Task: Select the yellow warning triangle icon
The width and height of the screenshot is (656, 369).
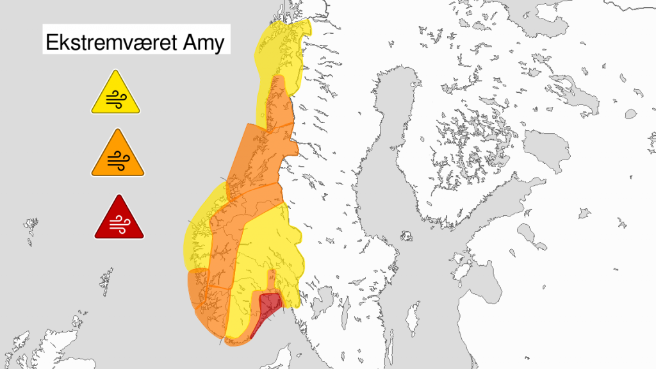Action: pos(115,94)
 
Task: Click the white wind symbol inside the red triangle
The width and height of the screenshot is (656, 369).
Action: pos(119,223)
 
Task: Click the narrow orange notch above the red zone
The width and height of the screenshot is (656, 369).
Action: pos(271,282)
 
